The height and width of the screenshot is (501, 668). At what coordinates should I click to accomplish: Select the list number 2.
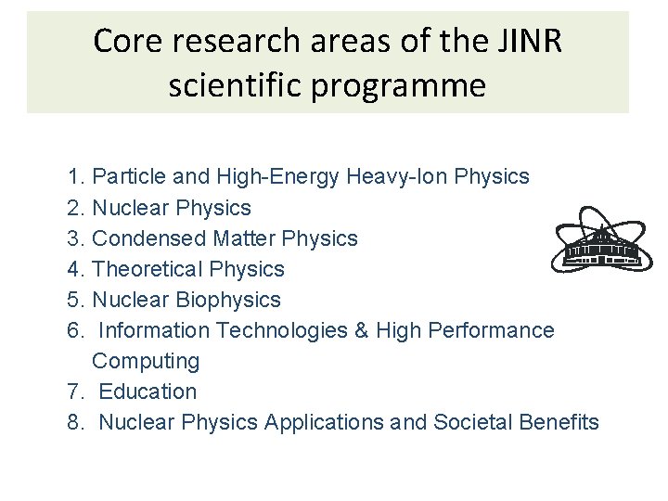[76, 207]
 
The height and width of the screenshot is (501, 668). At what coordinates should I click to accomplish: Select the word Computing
[146, 361]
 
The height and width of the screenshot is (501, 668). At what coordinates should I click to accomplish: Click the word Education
[148, 392]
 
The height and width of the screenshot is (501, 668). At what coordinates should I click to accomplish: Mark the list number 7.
[76, 392]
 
